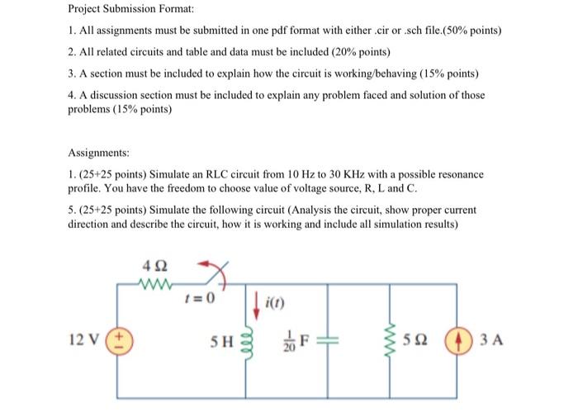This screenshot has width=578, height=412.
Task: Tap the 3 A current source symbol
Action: pyautogui.click(x=456, y=338)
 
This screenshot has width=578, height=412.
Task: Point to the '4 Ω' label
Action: pyautogui.click(x=154, y=266)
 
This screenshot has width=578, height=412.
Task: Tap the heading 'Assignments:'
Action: pyautogui.click(x=100, y=153)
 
